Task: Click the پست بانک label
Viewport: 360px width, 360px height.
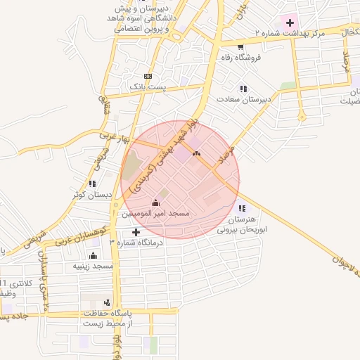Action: (148, 86)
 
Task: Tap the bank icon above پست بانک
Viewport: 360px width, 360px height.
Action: (148, 76)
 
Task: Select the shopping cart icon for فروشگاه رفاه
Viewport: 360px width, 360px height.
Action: (241, 47)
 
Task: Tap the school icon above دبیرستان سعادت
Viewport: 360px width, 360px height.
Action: (243, 89)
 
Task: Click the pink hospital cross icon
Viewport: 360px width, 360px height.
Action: (290, 22)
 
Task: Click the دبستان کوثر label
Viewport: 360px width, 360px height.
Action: (89, 194)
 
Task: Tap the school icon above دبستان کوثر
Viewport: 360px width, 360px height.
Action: (92, 184)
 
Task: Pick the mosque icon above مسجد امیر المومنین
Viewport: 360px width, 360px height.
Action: (155, 202)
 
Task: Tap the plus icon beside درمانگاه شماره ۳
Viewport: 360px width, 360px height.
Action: (136, 232)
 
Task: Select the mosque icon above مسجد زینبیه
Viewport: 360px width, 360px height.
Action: (94, 256)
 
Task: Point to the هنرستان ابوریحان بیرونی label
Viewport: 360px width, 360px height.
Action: (243, 224)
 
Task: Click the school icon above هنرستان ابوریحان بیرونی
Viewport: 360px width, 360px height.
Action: (243, 207)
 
